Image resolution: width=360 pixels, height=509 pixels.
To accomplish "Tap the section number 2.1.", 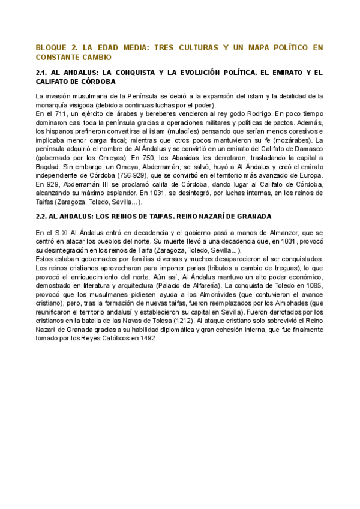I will [x=44, y=73].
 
